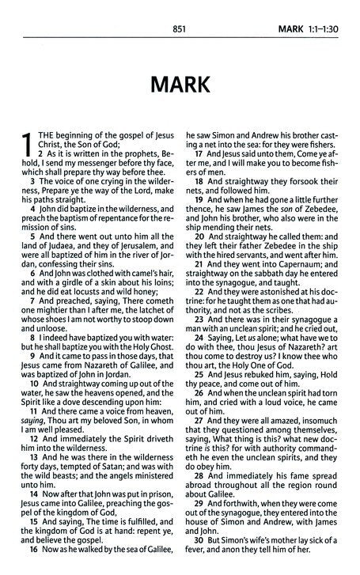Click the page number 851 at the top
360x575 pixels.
pyautogui.click(x=178, y=11)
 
